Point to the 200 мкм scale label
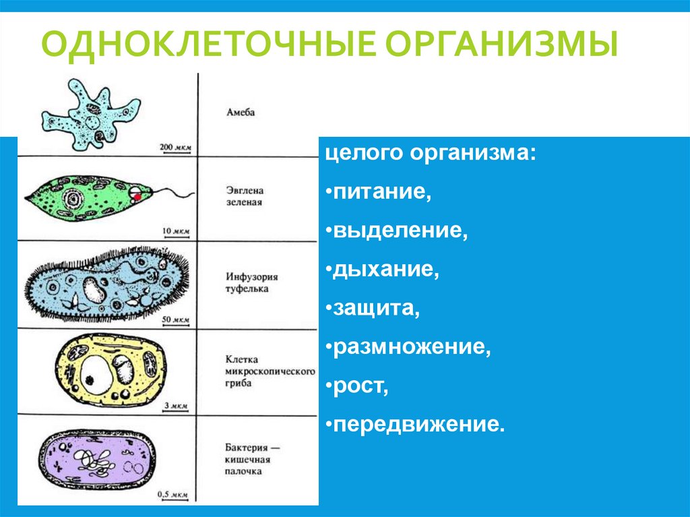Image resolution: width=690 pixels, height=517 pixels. pyautogui.click(x=175, y=146)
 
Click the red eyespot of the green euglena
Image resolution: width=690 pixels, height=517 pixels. pyautogui.click(x=137, y=196)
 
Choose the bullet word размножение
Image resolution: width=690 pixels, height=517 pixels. pyautogui.click(x=410, y=347)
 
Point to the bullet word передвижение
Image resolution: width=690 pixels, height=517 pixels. pyautogui.click(x=418, y=425)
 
